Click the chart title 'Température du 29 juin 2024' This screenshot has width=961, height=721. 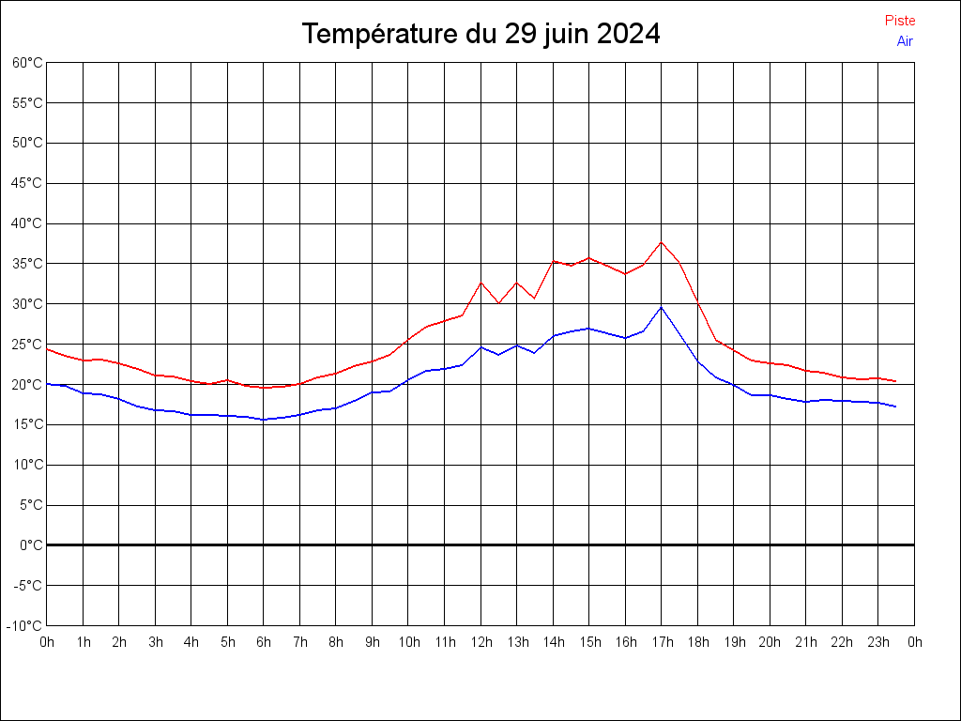[x=480, y=34]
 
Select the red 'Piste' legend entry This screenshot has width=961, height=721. [x=899, y=21]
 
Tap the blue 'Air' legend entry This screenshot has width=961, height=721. [x=904, y=41]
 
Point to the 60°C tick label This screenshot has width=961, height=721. [x=27, y=63]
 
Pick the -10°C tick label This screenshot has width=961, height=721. [x=26, y=625]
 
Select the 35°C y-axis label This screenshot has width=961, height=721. [x=27, y=264]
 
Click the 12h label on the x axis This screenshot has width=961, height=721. [x=480, y=642]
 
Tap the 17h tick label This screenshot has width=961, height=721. [x=662, y=642]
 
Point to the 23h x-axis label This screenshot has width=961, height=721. [x=878, y=642]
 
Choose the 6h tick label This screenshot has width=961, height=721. [x=264, y=642]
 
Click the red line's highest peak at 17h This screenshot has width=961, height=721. [x=662, y=242]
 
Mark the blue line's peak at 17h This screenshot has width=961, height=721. [x=662, y=307]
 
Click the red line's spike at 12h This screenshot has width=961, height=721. [x=480, y=283]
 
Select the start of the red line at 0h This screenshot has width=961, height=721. [x=47, y=349]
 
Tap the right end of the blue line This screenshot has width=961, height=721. [x=896, y=407]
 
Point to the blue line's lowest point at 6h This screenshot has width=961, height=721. [x=264, y=420]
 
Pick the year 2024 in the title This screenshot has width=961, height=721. [x=629, y=34]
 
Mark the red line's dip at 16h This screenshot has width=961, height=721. [x=625, y=274]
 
